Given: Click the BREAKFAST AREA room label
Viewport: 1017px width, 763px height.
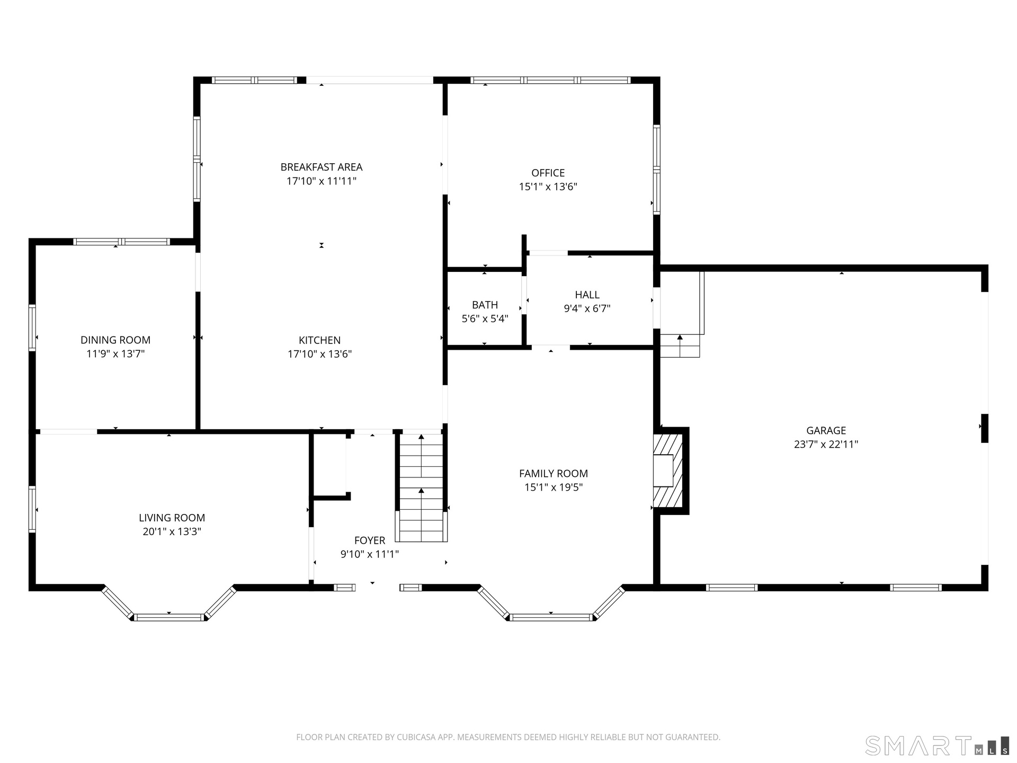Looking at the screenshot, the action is (x=322, y=167).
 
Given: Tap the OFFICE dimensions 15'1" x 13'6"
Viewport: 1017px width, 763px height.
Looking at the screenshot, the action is (x=548, y=187).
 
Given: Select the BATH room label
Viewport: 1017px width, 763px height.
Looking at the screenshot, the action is (x=485, y=305).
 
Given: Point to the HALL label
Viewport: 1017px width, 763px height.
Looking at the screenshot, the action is (x=587, y=295).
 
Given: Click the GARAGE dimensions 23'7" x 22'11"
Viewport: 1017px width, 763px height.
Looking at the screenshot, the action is (x=826, y=444).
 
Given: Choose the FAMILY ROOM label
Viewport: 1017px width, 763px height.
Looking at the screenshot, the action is (x=554, y=474).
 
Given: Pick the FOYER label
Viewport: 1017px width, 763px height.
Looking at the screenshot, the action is (x=370, y=540).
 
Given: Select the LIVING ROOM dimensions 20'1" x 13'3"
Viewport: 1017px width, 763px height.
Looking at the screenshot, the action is (x=172, y=531).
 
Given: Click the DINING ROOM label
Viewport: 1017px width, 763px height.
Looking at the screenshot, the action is (x=115, y=340).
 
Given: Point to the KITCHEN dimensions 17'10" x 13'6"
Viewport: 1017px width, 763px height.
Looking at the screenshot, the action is (x=320, y=354).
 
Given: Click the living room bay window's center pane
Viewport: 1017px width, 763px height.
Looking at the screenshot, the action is (x=169, y=617).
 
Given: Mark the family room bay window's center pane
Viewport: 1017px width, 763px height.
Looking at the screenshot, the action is (x=551, y=617).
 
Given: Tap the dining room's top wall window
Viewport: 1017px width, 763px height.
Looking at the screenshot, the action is (x=121, y=242).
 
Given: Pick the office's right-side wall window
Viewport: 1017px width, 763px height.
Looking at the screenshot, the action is (x=657, y=169).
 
